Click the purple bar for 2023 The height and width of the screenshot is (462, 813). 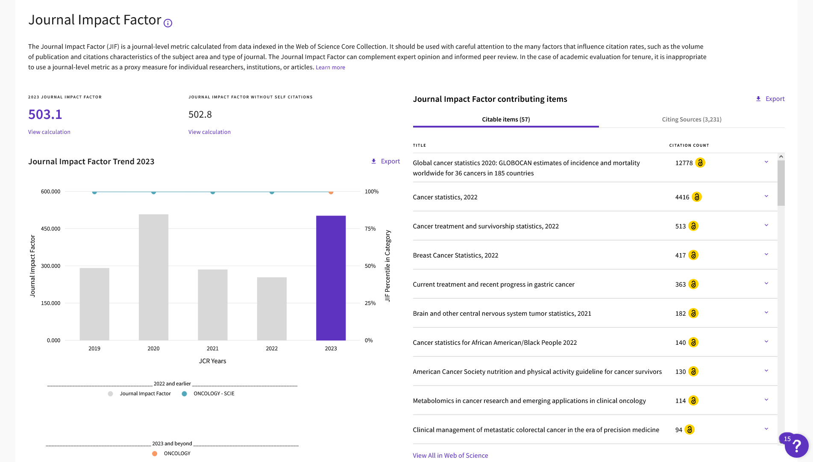(331, 278)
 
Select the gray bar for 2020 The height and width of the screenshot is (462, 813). (153, 277)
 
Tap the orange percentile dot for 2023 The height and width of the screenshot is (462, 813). (331, 192)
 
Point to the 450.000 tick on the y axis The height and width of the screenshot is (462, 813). (50, 229)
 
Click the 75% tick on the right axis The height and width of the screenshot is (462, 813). (370, 229)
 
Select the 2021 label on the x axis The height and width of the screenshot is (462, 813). (212, 349)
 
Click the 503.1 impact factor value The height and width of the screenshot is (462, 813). (45, 114)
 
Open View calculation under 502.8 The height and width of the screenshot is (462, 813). (209, 132)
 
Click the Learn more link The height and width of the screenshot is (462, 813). (330, 68)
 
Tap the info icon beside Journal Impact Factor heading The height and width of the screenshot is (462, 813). (168, 23)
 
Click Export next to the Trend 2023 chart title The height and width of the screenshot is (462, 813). (385, 161)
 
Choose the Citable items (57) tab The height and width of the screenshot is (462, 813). (506, 119)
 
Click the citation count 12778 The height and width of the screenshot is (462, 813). (684, 163)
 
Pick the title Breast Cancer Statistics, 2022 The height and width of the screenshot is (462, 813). (455, 255)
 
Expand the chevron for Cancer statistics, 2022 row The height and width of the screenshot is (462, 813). (766, 196)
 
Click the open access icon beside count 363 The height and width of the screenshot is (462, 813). (693, 284)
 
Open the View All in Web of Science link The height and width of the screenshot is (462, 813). (450, 456)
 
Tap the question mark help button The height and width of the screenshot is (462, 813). (796, 446)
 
